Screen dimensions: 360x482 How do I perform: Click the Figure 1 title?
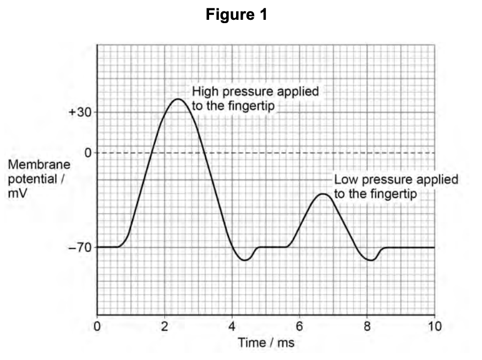click(x=237, y=15)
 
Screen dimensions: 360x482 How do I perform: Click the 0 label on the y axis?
click(x=87, y=152)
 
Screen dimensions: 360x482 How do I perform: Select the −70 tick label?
click(x=79, y=248)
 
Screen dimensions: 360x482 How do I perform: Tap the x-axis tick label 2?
click(x=165, y=326)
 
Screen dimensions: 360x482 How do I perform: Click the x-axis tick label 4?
click(x=233, y=326)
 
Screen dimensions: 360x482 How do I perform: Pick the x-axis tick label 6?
click(x=300, y=326)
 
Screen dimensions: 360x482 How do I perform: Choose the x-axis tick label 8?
click(x=368, y=326)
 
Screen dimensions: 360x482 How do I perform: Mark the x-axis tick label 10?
click(x=434, y=326)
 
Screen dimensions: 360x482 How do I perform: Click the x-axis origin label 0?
click(x=97, y=326)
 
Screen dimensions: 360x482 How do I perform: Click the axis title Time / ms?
click(x=266, y=342)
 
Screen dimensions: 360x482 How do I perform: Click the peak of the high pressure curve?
click(x=178, y=99)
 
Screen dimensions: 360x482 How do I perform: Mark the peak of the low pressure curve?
click(x=324, y=194)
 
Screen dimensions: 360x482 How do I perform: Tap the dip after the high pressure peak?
click(x=245, y=260)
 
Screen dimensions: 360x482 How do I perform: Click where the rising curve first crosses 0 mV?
click(x=153, y=152)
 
